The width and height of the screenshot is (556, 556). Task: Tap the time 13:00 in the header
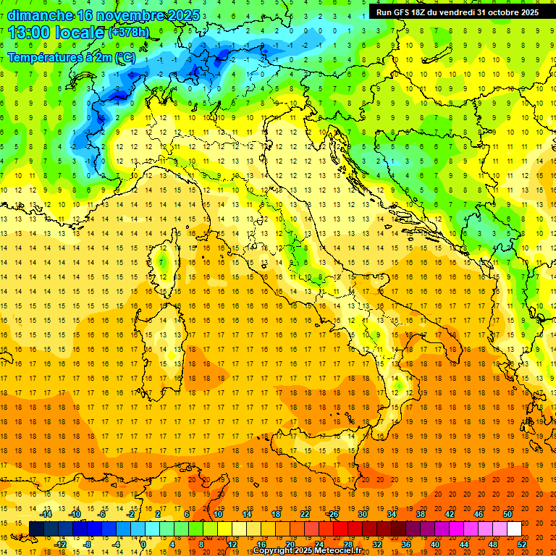click(27, 33)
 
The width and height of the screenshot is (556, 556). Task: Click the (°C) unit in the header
click(125, 56)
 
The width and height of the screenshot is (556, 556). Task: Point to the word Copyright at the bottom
click(274, 551)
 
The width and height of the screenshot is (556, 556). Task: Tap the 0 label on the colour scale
click(143, 544)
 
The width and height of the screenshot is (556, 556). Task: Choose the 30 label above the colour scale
click(363, 514)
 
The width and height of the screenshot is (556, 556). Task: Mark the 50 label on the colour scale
click(507, 514)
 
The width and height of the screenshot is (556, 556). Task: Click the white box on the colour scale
click(514, 529)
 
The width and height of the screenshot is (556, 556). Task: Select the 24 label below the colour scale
click(319, 544)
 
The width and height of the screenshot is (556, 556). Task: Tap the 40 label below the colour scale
click(434, 544)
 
